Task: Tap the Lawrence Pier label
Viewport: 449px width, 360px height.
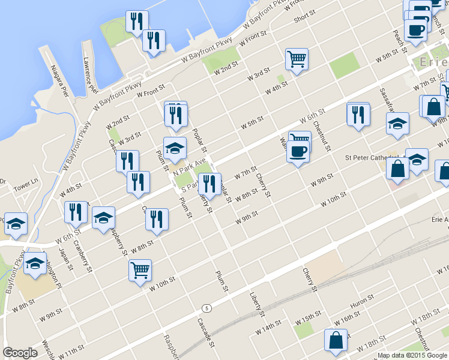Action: tap(91, 75)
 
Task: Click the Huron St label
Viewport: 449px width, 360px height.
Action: tap(362, 301)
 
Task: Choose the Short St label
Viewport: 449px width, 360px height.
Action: tap(304, 17)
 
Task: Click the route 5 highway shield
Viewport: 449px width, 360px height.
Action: tap(207, 308)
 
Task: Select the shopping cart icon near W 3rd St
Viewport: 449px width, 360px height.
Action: tap(297, 59)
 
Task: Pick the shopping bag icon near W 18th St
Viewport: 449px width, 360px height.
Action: tap(336, 340)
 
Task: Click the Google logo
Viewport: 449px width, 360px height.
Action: tap(20, 353)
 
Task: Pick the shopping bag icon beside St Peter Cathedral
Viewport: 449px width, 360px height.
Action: tap(397, 169)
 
